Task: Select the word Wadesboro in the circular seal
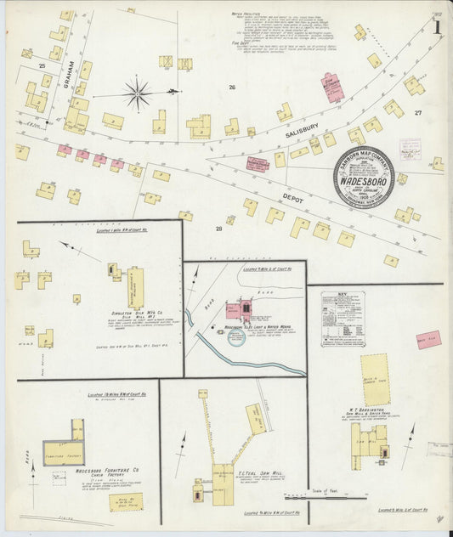363,180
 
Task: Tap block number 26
231,87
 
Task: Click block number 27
417,112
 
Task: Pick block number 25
42,65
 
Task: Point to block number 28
218,229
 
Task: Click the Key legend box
343,319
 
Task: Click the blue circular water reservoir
236,338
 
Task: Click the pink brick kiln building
428,339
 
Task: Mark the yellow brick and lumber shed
374,379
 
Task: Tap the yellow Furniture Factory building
65,450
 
